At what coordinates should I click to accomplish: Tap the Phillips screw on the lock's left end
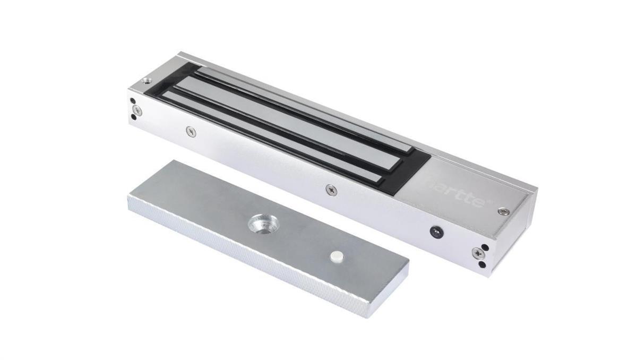(x=137, y=110)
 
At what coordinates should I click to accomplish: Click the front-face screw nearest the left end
(x=191, y=131)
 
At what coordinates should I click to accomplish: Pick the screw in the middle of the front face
(x=331, y=188)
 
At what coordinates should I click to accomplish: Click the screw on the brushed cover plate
(x=503, y=212)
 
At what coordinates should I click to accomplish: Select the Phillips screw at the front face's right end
(x=481, y=253)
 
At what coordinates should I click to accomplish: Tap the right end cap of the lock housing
(x=515, y=234)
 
